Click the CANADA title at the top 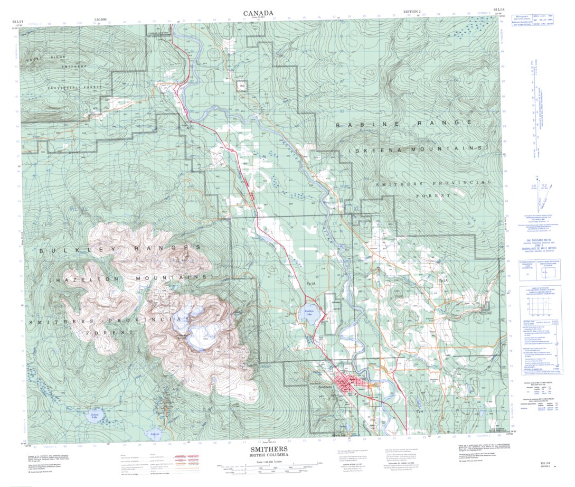258,13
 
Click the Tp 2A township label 442,281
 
